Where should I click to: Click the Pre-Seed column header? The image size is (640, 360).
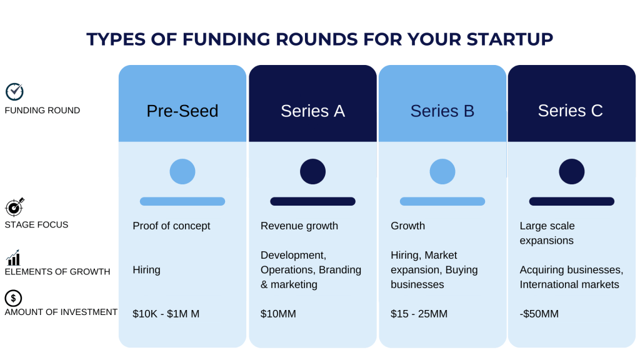[x=182, y=111]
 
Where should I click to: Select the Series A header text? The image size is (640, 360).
[x=312, y=111]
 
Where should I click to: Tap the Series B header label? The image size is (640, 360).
[x=442, y=111]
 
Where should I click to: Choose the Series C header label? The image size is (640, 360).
[x=570, y=111]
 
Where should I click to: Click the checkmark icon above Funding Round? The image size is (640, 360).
[x=14, y=92]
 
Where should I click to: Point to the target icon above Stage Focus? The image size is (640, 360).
[x=14, y=207]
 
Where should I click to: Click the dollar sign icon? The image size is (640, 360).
[x=13, y=298]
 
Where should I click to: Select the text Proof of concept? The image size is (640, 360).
[x=171, y=226]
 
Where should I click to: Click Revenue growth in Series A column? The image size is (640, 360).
[x=299, y=226]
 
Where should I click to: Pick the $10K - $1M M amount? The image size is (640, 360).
[x=166, y=314]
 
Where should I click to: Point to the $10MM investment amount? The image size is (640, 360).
[x=278, y=314]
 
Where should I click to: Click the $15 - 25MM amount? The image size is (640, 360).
[x=419, y=314]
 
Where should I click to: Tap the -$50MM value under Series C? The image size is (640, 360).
[x=539, y=314]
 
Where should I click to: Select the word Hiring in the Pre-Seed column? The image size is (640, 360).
[x=146, y=270]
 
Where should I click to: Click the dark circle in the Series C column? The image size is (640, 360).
[x=571, y=171]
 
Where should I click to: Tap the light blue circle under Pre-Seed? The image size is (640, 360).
[x=182, y=171]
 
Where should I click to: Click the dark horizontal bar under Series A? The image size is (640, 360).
[x=312, y=201]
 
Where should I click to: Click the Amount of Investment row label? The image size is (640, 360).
[x=61, y=312]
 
